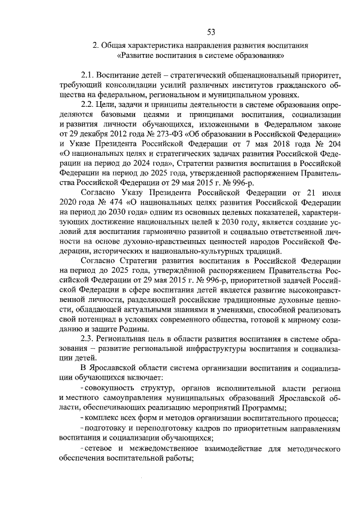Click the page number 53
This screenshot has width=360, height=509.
tap(210, 30)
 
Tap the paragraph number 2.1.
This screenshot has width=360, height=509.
tap(88, 75)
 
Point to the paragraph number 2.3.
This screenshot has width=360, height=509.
tap(88, 338)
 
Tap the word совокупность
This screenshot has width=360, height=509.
tap(111, 389)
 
